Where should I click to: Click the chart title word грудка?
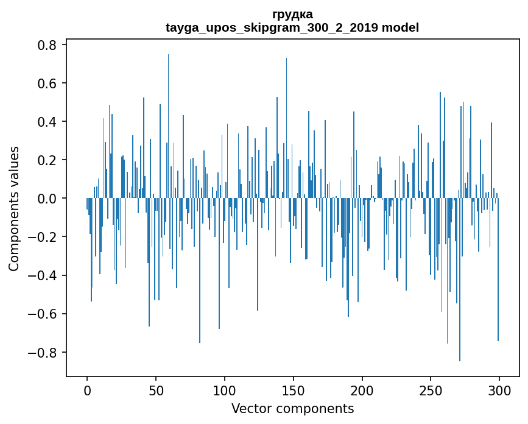pyautogui.click(x=292, y=14)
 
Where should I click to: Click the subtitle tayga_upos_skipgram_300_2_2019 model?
pyautogui.click(x=292, y=28)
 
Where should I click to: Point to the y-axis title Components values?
pyautogui.click(x=14, y=208)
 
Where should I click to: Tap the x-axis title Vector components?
pyautogui.click(x=292, y=408)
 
